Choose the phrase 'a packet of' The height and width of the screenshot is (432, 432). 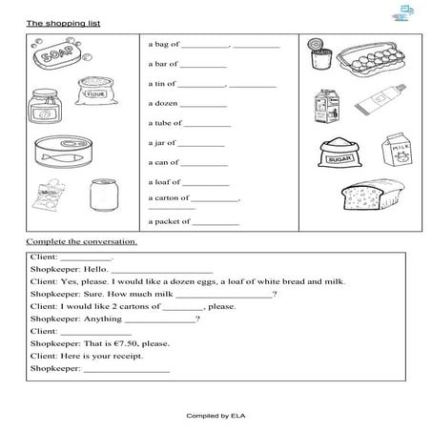click(168, 221)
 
